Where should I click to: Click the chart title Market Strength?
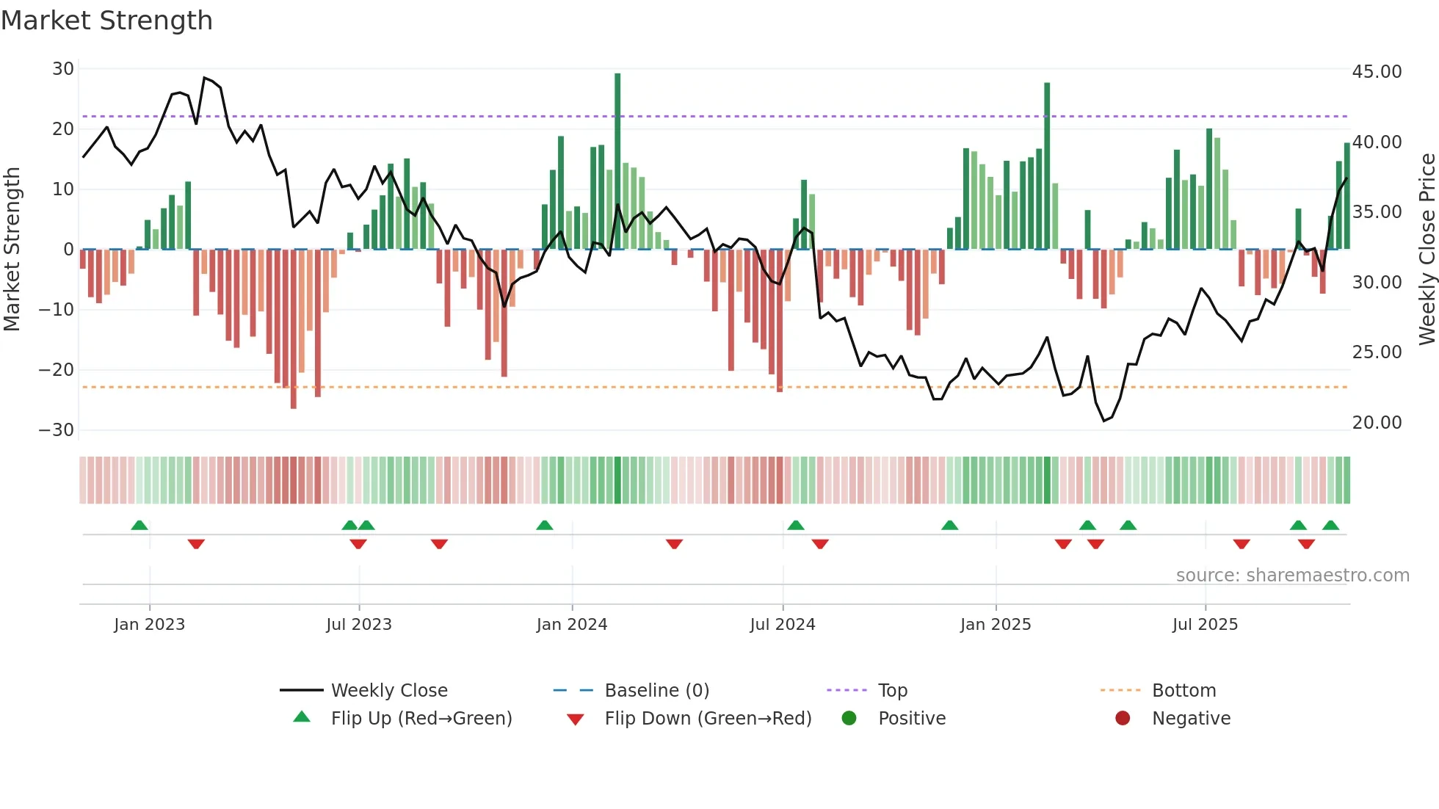coord(106,21)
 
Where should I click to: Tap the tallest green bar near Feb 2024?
coord(617,162)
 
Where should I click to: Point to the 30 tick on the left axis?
coord(63,69)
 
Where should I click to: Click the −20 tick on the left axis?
coord(57,370)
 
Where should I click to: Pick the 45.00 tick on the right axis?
coord(1377,72)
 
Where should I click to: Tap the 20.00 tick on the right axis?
coord(1377,423)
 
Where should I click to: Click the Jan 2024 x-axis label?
coord(572,625)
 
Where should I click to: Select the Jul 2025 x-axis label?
coord(1205,625)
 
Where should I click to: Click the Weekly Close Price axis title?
coord(1427,250)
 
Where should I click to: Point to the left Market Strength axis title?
coord(12,250)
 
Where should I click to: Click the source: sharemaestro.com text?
coord(1292,576)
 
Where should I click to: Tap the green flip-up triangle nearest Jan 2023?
coord(139,525)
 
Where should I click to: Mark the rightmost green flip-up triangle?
coord(1330,525)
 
